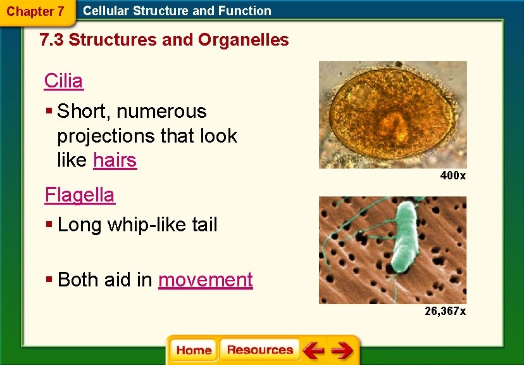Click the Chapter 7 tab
[x=35, y=11]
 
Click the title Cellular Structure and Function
[x=177, y=11]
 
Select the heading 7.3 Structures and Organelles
[x=164, y=40]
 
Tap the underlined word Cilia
[x=63, y=80]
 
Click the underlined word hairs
[x=115, y=160]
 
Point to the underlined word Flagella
[x=80, y=195]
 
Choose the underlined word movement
[x=205, y=279]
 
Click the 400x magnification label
[x=453, y=176]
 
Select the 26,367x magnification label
[x=446, y=311]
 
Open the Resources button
[x=259, y=350]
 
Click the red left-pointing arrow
[x=313, y=350]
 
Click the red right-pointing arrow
[x=342, y=350]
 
